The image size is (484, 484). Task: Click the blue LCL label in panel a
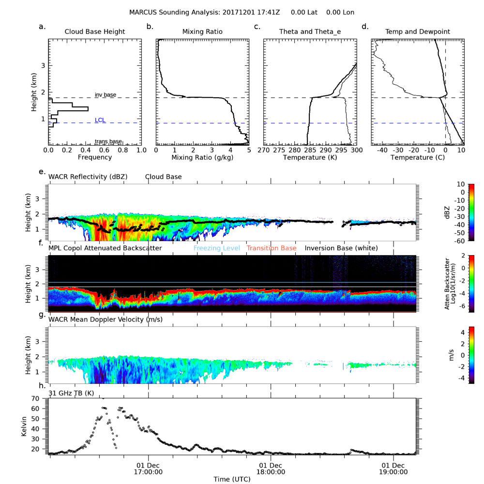point(100,120)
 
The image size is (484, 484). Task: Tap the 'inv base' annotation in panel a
point(105,95)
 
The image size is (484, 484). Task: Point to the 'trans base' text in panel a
point(108,141)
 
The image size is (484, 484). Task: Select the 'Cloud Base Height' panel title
point(94,31)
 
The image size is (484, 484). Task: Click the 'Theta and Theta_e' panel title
point(310,31)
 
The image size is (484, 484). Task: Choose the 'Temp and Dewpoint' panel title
point(417,31)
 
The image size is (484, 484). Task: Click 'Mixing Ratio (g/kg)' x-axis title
point(202,157)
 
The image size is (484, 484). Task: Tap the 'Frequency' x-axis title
point(95,157)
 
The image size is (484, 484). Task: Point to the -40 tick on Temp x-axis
point(382,151)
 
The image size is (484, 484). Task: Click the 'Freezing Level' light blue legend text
point(217,248)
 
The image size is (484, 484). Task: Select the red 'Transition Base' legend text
point(272,248)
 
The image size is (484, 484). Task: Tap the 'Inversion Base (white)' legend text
point(341,248)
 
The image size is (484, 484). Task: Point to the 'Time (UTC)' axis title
point(232,479)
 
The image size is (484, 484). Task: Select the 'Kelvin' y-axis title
point(24,426)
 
